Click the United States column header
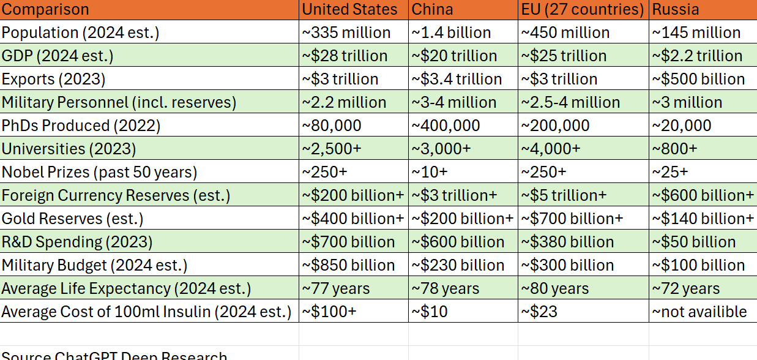(x=349, y=10)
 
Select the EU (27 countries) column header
(x=582, y=10)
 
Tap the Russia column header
(x=676, y=10)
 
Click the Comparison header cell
(x=45, y=10)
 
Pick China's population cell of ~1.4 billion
(x=451, y=32)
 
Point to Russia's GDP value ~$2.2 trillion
(x=697, y=56)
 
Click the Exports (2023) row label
(x=54, y=79)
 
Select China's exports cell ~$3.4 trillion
(x=457, y=79)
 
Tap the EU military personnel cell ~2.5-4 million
(x=570, y=102)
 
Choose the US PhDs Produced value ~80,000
(x=332, y=126)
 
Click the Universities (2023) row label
(x=69, y=149)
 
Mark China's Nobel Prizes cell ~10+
(x=430, y=172)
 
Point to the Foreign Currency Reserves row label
(x=116, y=195)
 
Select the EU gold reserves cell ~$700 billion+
(x=572, y=219)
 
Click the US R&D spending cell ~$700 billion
(x=348, y=242)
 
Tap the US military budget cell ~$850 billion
(x=348, y=265)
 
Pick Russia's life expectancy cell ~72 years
(x=686, y=288)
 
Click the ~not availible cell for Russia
(x=699, y=312)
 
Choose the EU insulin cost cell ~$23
(x=539, y=312)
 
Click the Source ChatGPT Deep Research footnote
(x=114, y=355)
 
